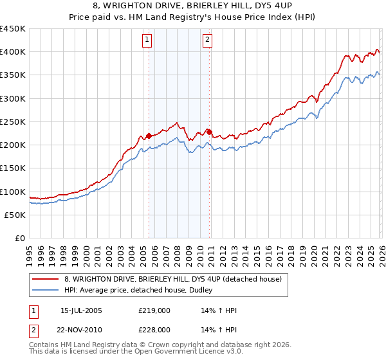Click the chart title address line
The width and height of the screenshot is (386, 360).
point(193,6)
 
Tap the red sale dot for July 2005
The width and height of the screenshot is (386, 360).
point(149,136)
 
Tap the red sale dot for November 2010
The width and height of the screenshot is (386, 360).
point(210,132)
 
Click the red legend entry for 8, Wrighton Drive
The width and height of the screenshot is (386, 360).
point(172,279)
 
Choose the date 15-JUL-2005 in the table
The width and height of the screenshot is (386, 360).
point(81,310)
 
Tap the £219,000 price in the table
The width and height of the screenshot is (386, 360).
point(154,310)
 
